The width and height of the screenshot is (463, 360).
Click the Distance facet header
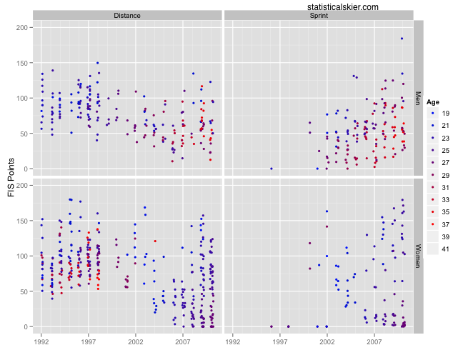click(127, 14)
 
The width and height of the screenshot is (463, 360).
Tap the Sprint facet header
click(319, 14)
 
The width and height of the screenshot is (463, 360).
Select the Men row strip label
click(419, 96)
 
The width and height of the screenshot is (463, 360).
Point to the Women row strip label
click(419, 256)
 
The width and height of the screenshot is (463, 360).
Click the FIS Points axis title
click(10, 176)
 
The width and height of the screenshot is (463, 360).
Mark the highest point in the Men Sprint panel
click(402, 39)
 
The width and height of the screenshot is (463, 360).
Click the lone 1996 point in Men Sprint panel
click(272, 169)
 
